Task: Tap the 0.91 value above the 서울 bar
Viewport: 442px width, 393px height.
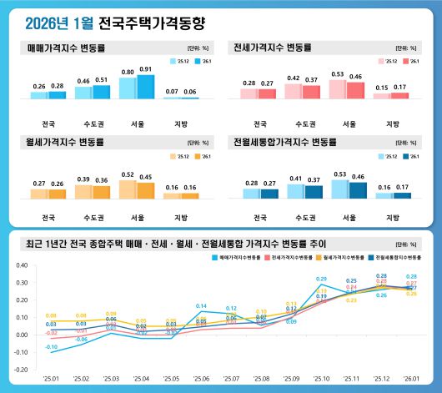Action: (146, 69)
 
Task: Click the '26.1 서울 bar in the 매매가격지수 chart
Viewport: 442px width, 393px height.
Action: (146, 87)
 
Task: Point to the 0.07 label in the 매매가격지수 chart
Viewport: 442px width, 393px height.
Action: (172, 91)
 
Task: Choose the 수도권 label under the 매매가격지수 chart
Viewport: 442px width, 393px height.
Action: (93, 110)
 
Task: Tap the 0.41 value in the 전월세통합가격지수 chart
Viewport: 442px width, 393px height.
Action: (294, 179)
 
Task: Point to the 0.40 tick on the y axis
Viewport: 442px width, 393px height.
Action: (22, 267)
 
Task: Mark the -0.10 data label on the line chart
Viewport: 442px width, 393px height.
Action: (52, 346)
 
